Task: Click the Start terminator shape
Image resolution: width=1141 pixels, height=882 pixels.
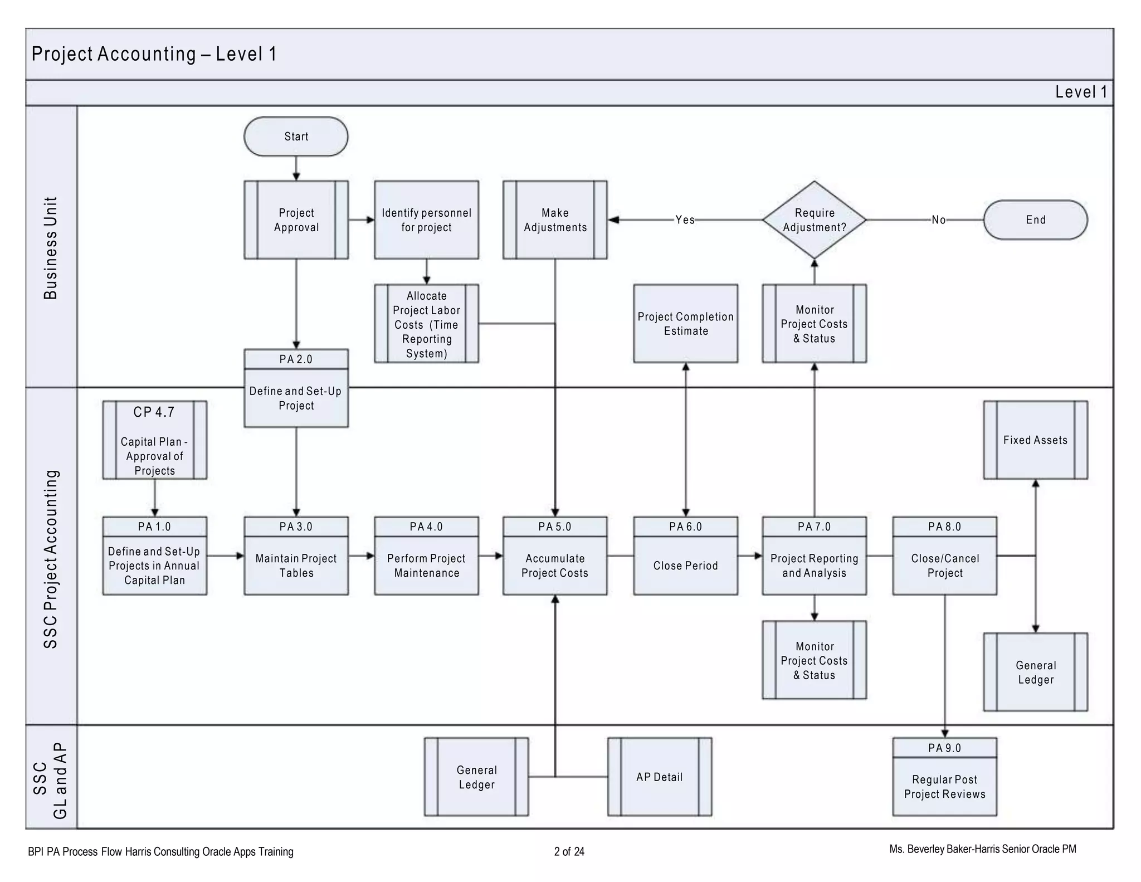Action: (296, 137)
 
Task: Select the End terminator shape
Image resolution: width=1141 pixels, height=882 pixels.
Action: (1035, 220)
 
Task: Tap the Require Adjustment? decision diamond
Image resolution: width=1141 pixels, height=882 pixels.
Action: (814, 220)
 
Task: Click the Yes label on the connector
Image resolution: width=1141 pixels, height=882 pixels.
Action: (685, 220)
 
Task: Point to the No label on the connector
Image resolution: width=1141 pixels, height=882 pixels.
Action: (938, 220)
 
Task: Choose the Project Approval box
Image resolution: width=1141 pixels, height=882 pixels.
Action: (296, 220)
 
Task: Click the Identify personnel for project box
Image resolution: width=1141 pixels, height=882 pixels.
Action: (426, 220)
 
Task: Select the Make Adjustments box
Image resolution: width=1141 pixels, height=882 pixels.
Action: (555, 220)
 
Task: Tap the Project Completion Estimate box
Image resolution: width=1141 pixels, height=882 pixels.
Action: (685, 324)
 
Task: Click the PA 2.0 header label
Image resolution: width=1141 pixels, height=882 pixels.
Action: (296, 359)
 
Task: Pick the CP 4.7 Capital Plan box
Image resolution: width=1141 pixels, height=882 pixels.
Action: (154, 440)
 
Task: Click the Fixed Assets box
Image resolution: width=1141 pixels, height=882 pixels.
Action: (1035, 440)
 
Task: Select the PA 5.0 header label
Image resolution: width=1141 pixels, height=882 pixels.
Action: (555, 527)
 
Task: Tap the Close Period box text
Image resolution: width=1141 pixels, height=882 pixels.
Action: (685, 566)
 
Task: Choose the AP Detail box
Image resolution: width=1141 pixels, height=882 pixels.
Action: (659, 777)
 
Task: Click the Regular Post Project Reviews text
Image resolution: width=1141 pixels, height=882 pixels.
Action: (944, 787)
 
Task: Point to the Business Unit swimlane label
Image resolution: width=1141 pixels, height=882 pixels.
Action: (51, 248)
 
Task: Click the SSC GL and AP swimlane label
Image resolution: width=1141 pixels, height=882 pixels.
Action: (51, 780)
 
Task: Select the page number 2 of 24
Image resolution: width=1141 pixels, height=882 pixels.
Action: (569, 851)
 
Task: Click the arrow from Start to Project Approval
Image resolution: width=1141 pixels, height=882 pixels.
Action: (296, 168)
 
